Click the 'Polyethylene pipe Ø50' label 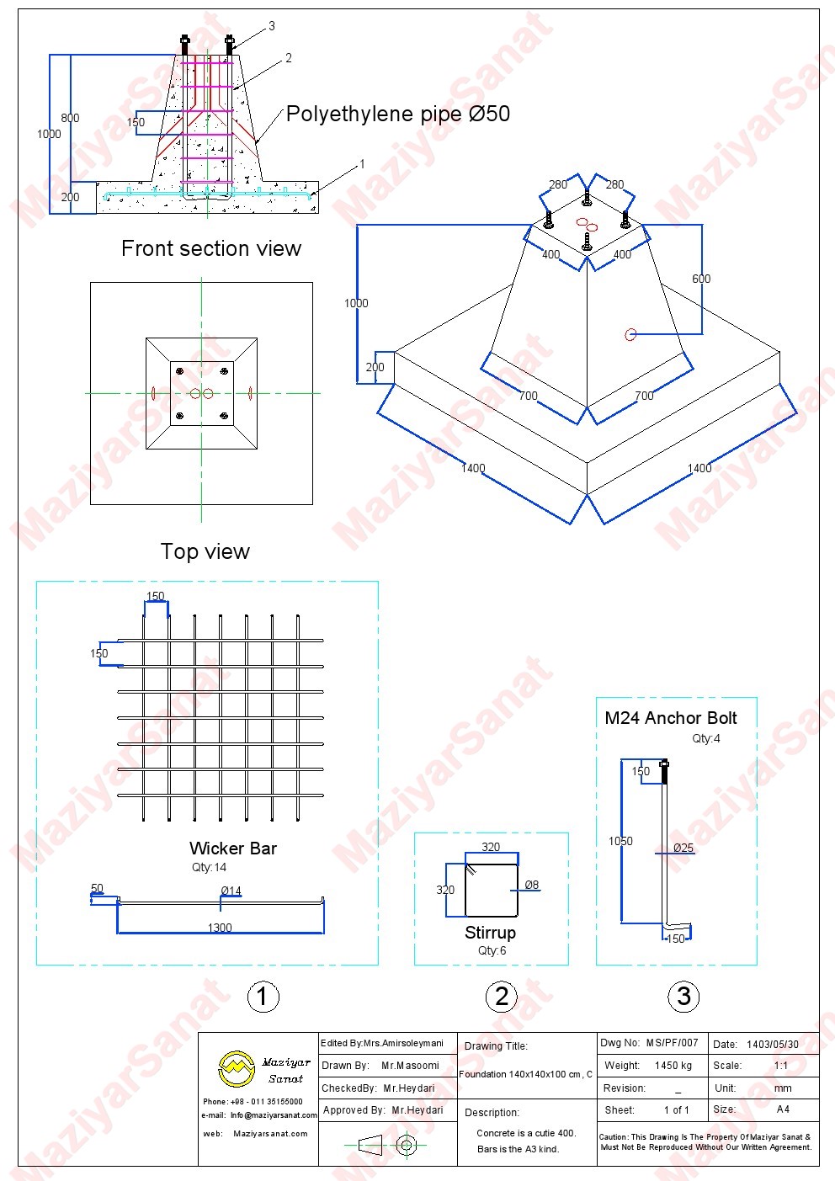click(398, 114)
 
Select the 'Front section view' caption click(211, 248)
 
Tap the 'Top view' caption click(205, 551)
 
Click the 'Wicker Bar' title click(233, 849)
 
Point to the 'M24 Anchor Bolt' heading click(671, 718)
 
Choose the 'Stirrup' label click(490, 933)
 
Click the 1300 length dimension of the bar click(220, 928)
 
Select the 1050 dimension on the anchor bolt click(620, 841)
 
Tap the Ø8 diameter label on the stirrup click(532, 886)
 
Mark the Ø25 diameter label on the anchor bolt click(683, 848)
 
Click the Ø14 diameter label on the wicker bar click(231, 891)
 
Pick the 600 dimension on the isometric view click(701, 279)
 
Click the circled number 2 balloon click(502, 996)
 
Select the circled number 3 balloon click(683, 996)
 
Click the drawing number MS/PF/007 click(672, 1044)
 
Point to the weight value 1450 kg click(673, 1066)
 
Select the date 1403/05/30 click(772, 1045)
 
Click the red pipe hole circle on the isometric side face click(630, 334)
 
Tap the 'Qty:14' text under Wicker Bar click(209, 867)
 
